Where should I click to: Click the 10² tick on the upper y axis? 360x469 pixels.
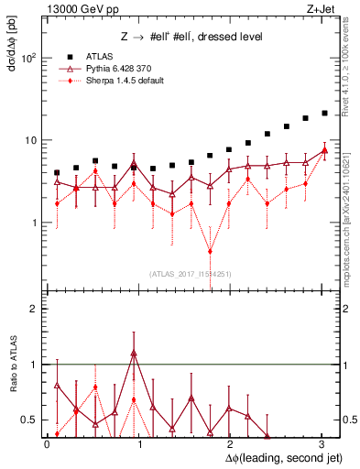(28, 58)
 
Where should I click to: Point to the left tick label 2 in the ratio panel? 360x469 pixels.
(34, 309)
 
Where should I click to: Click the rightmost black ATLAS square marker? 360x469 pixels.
(324, 114)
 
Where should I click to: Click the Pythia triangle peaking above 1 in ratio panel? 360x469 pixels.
(134, 353)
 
